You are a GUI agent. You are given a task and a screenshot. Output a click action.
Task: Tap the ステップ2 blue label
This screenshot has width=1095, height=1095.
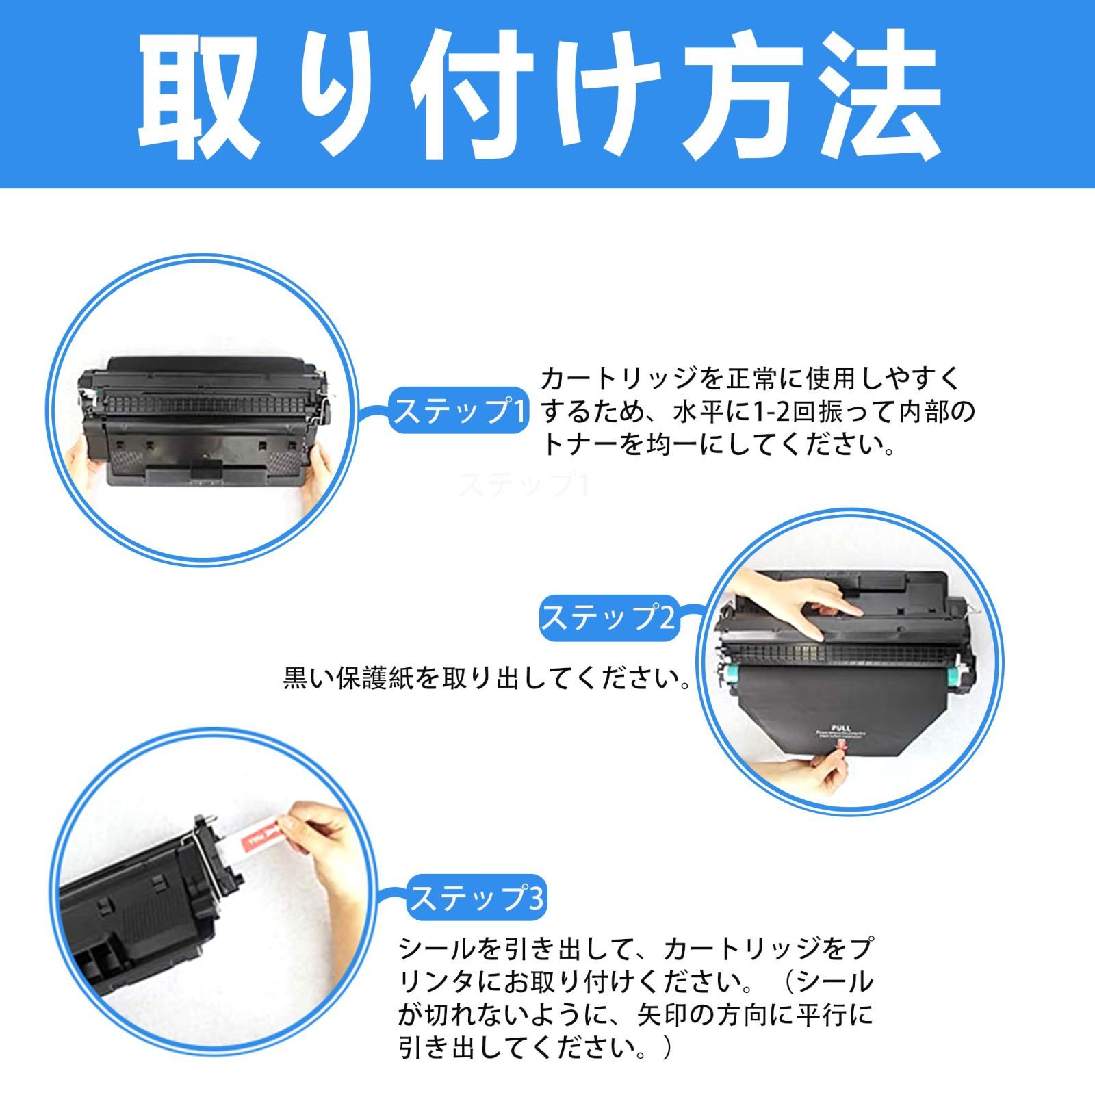point(608,617)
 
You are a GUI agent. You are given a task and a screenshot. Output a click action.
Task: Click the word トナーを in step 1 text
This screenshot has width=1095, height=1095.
point(589,446)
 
